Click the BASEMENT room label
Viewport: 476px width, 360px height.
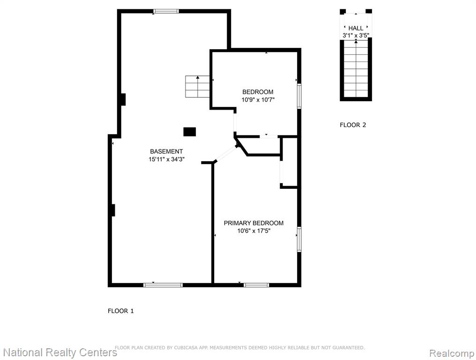[x=166, y=151]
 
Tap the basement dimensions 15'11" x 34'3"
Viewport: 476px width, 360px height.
[x=167, y=159]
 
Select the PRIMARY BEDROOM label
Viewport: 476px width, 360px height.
[x=253, y=223]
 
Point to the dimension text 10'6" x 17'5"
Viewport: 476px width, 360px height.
[x=254, y=231]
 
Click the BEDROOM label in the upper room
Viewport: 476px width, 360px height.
[x=258, y=92]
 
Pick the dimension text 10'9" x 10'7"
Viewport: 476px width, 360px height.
[x=258, y=100]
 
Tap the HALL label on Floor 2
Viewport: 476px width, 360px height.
[x=356, y=28]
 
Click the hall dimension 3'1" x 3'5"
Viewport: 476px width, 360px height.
[x=356, y=35]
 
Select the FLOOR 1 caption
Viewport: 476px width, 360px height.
[x=120, y=311]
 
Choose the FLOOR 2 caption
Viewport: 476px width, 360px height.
[x=353, y=125]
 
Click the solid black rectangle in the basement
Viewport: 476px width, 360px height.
[x=189, y=132]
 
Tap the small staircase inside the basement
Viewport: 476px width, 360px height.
[x=198, y=87]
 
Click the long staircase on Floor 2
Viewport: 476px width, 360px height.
[x=356, y=68]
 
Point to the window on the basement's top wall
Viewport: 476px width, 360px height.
[x=166, y=12]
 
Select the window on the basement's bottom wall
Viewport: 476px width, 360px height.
[x=163, y=285]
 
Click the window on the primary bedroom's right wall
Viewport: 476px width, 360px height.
[x=299, y=240]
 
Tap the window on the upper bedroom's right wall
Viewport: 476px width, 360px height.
[x=299, y=96]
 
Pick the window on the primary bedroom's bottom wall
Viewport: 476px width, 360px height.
[x=256, y=285]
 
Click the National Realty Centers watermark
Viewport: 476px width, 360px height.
[x=60, y=352]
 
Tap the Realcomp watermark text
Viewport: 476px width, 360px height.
[x=452, y=353]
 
